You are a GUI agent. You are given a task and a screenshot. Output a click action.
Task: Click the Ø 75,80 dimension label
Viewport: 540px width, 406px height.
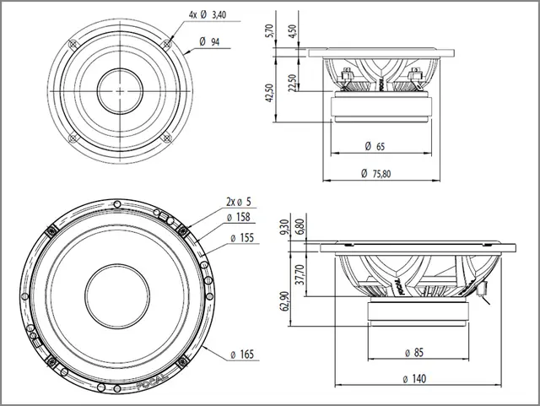(376, 173)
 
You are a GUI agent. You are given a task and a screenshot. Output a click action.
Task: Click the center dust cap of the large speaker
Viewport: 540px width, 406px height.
(118, 291)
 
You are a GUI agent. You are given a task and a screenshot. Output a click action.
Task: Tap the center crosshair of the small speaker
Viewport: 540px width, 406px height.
(120, 89)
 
